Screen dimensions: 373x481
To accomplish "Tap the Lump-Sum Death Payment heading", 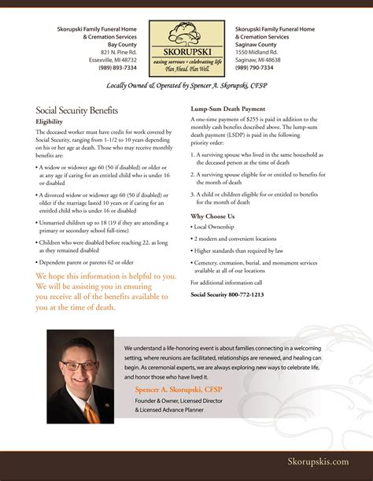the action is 227,108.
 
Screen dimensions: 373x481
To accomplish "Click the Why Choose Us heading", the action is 212,216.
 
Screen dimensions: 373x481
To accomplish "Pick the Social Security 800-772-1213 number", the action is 227,294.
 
